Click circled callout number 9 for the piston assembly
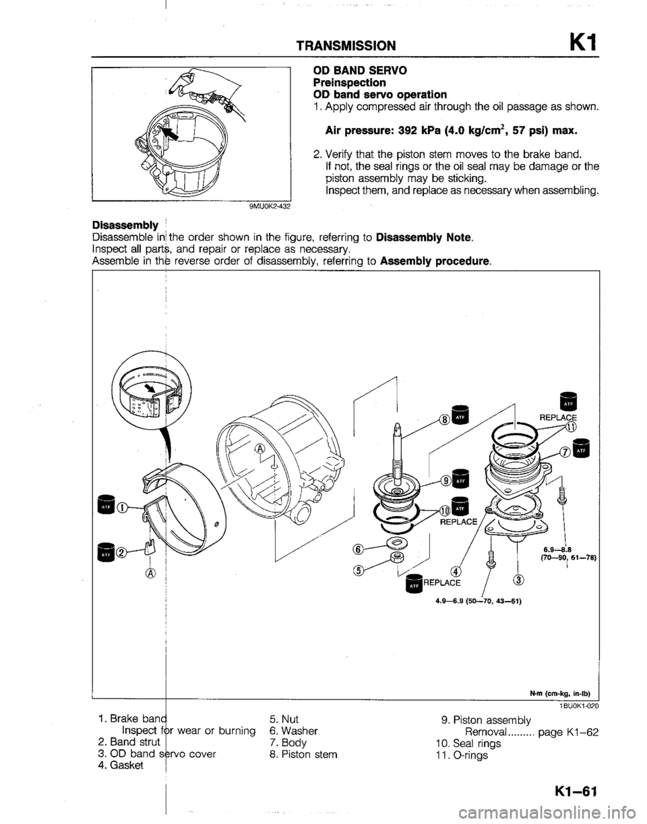[x=447, y=480]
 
